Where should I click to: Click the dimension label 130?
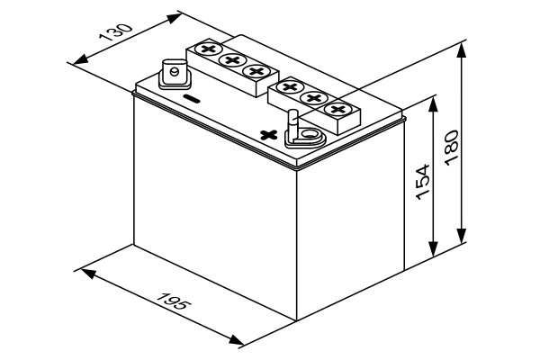[113, 35]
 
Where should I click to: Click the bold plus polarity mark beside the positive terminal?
[266, 135]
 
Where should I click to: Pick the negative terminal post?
[172, 71]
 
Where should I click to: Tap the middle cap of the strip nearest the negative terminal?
[233, 59]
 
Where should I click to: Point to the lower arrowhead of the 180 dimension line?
[463, 238]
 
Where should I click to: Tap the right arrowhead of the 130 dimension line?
[175, 15]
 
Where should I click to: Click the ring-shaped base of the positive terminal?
[307, 138]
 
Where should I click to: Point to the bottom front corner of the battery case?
[297, 323]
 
